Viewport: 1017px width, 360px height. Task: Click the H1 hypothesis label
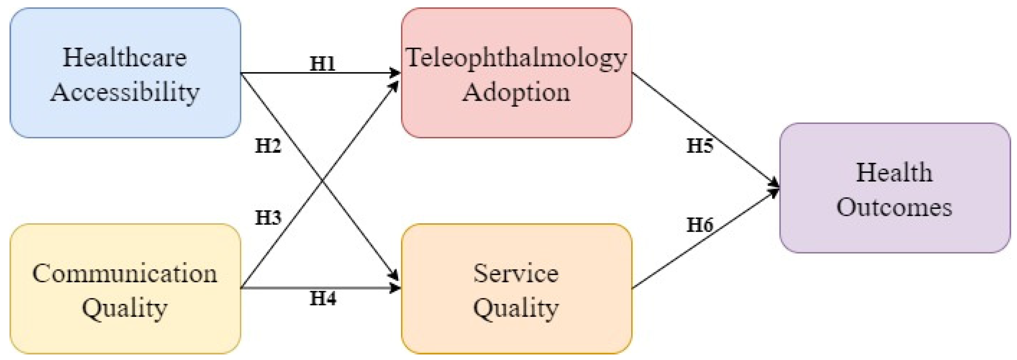click(x=322, y=64)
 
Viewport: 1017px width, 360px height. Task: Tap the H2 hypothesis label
click(x=268, y=146)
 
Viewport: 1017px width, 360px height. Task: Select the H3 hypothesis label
click(x=268, y=218)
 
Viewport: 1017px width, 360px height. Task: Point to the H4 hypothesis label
click(x=323, y=298)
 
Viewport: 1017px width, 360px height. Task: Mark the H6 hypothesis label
click(x=700, y=225)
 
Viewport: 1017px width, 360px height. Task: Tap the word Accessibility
click(x=125, y=92)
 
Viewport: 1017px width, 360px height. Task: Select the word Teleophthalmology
click(x=516, y=58)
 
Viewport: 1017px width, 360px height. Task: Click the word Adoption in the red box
click(x=516, y=92)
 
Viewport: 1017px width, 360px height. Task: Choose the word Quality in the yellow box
click(x=125, y=308)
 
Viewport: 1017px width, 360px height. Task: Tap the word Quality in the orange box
click(x=516, y=308)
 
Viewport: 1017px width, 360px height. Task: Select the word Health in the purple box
click(x=894, y=173)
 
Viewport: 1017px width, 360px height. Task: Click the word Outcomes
click(x=894, y=207)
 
